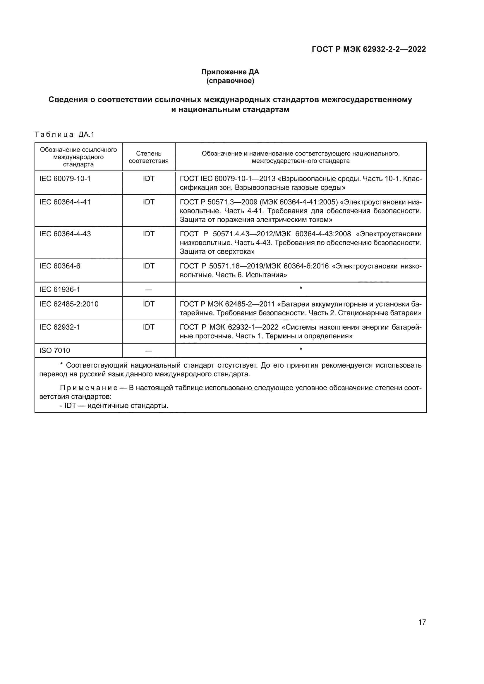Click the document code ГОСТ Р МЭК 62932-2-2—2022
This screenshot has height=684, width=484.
(369, 49)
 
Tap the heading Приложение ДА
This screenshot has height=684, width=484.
(230, 72)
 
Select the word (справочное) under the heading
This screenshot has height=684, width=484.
(230, 81)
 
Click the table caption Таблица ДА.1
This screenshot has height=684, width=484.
(64, 135)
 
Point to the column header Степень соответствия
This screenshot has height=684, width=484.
(148, 157)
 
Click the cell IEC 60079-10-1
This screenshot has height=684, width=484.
(65, 179)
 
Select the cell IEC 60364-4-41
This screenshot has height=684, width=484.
(65, 202)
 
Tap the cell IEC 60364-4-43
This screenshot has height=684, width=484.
(65, 234)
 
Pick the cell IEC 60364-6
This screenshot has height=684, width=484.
(60, 266)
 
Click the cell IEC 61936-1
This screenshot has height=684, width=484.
(60, 289)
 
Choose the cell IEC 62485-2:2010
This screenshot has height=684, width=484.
(69, 304)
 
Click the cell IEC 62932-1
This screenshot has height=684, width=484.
(60, 327)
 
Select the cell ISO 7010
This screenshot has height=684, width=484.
(54, 350)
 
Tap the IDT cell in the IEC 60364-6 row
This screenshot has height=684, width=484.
(148, 266)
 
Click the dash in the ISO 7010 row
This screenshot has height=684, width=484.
(148, 351)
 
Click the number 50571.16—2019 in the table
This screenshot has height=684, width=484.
(235, 266)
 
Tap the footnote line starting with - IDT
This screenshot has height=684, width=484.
(114, 406)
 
